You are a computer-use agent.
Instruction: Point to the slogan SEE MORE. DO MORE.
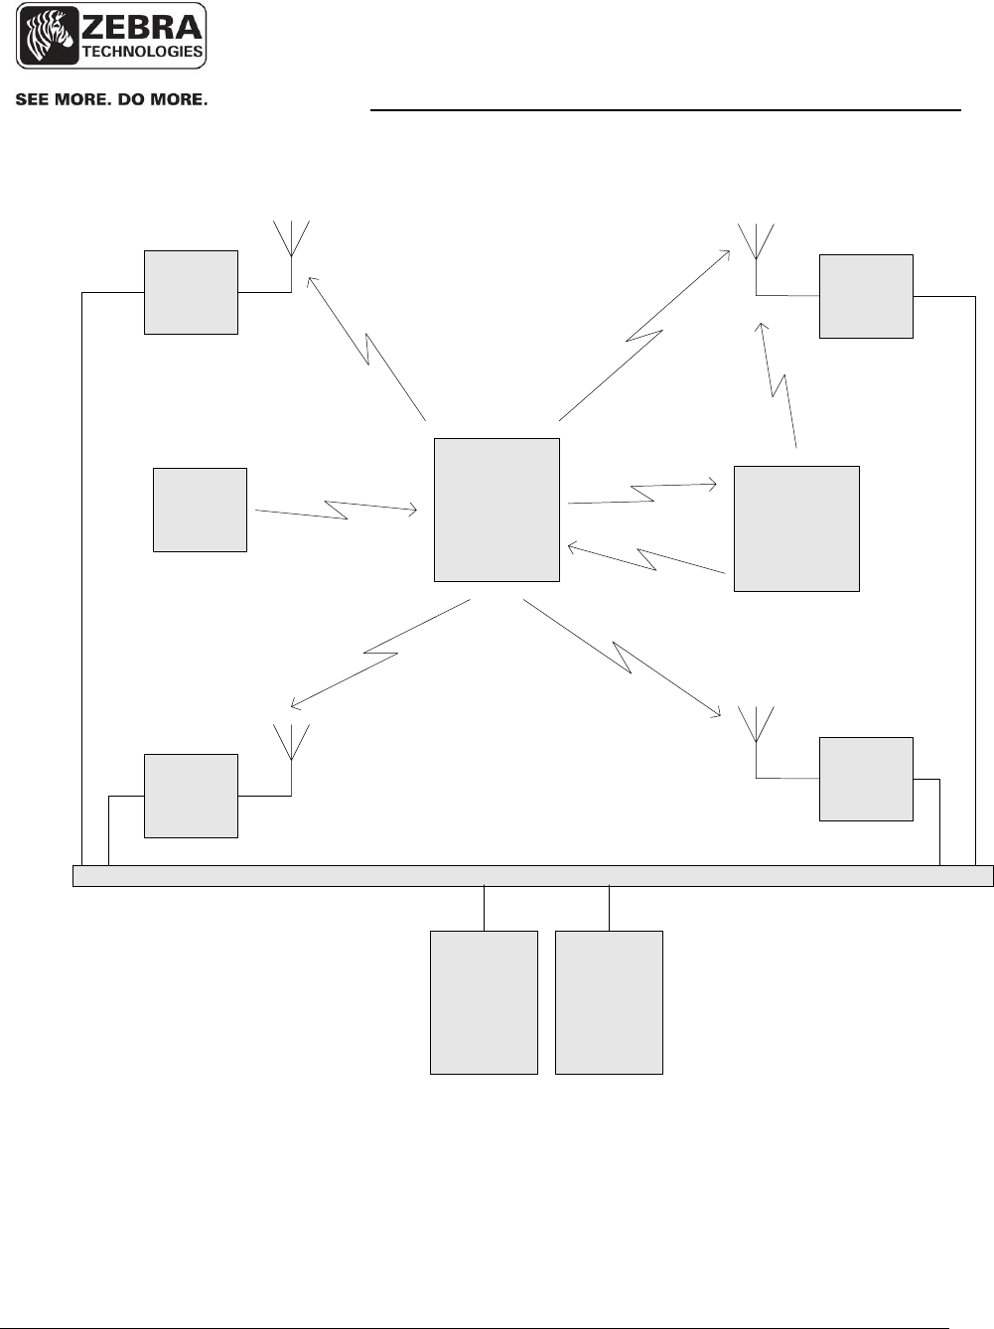point(110,100)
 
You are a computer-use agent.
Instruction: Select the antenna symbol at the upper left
point(291,238)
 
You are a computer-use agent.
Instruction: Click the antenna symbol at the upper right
point(757,241)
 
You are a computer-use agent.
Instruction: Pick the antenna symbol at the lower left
point(291,743)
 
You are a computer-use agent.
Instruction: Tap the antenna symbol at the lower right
point(757,725)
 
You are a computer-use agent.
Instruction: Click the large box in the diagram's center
point(497,510)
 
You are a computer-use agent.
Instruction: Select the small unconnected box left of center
point(200,510)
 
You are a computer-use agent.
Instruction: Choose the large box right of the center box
point(796,528)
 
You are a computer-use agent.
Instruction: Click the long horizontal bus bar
point(533,875)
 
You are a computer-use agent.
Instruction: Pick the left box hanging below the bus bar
point(484,1002)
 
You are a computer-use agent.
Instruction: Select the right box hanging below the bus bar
point(609,1002)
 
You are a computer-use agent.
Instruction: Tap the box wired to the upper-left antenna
point(191,292)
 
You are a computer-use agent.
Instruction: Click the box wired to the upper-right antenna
point(866,296)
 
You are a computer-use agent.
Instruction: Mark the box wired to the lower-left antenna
point(191,796)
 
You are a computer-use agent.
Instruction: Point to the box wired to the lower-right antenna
point(866,779)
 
